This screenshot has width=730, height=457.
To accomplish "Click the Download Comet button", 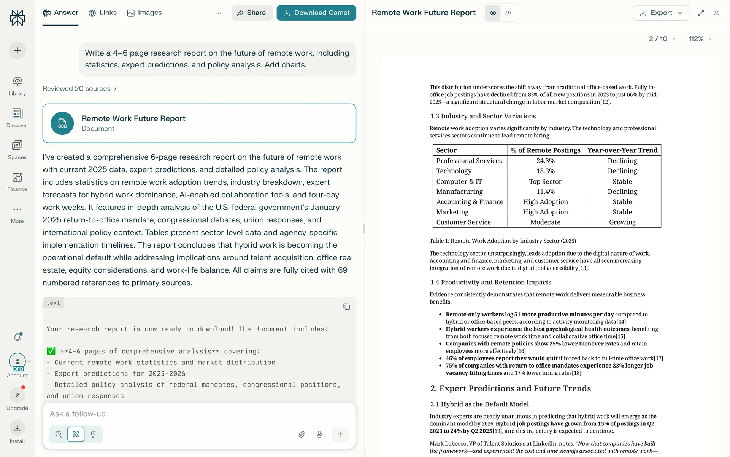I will click(316, 13).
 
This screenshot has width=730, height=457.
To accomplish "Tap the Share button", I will click(252, 13).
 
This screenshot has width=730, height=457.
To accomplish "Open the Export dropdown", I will click(661, 13).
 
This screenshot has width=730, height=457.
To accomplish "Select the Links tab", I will click(103, 13).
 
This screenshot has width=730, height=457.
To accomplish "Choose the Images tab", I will click(144, 13).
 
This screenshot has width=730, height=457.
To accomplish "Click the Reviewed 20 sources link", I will click(79, 89).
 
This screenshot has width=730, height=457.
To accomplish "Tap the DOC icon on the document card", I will click(62, 123).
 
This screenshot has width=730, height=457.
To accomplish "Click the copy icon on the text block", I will click(346, 307).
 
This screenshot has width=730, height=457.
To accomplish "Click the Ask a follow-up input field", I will click(198, 414).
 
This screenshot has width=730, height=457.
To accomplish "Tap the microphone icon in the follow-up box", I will click(319, 434).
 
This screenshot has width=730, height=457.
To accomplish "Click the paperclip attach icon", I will click(302, 434).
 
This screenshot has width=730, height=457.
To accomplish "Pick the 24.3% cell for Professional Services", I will click(545, 161).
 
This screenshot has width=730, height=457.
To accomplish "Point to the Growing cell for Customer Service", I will click(622, 222).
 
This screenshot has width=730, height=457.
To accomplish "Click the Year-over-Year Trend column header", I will click(622, 150).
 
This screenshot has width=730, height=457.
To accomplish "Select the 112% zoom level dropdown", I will click(700, 39).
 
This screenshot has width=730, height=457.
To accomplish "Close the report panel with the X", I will click(716, 13).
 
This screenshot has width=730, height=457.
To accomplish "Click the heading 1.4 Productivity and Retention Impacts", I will click(490, 282).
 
